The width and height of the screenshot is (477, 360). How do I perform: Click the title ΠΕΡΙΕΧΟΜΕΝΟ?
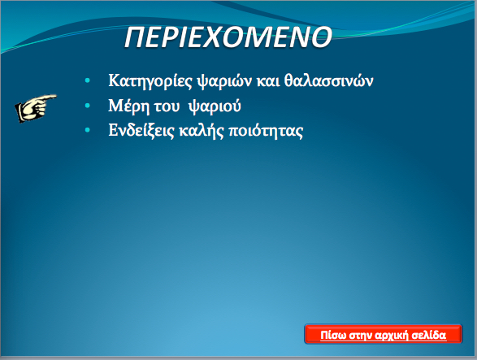tap(228, 37)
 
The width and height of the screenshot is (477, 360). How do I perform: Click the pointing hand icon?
tap(36, 108)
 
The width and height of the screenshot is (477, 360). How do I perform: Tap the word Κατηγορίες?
tap(150, 81)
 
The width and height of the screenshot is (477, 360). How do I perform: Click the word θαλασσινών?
tap(329, 80)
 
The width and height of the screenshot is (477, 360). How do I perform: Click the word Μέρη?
tap(129, 106)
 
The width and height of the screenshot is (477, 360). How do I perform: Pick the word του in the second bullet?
tap(167, 107)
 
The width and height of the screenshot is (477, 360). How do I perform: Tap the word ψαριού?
tap(215, 106)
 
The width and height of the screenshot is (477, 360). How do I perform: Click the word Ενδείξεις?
tap(141, 131)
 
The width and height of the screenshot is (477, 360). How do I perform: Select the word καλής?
tap(202, 131)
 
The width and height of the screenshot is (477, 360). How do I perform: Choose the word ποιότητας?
tap(266, 131)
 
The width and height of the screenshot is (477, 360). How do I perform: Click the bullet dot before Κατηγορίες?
tap(88, 80)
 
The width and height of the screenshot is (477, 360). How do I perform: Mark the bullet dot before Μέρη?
tap(88, 106)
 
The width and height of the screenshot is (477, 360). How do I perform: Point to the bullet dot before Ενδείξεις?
tap(88, 130)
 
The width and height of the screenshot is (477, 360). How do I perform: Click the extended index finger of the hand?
tap(49, 98)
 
